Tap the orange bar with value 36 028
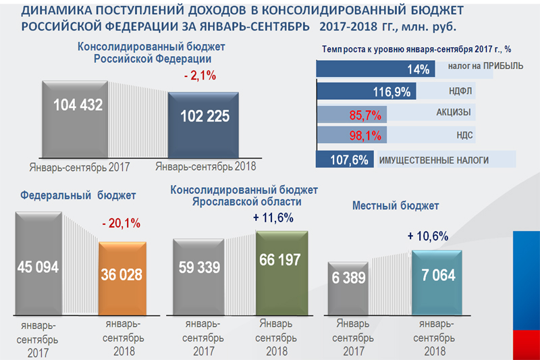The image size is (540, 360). point(122,277)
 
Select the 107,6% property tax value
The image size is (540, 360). point(348,161)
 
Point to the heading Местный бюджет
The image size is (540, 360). point(396,205)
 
